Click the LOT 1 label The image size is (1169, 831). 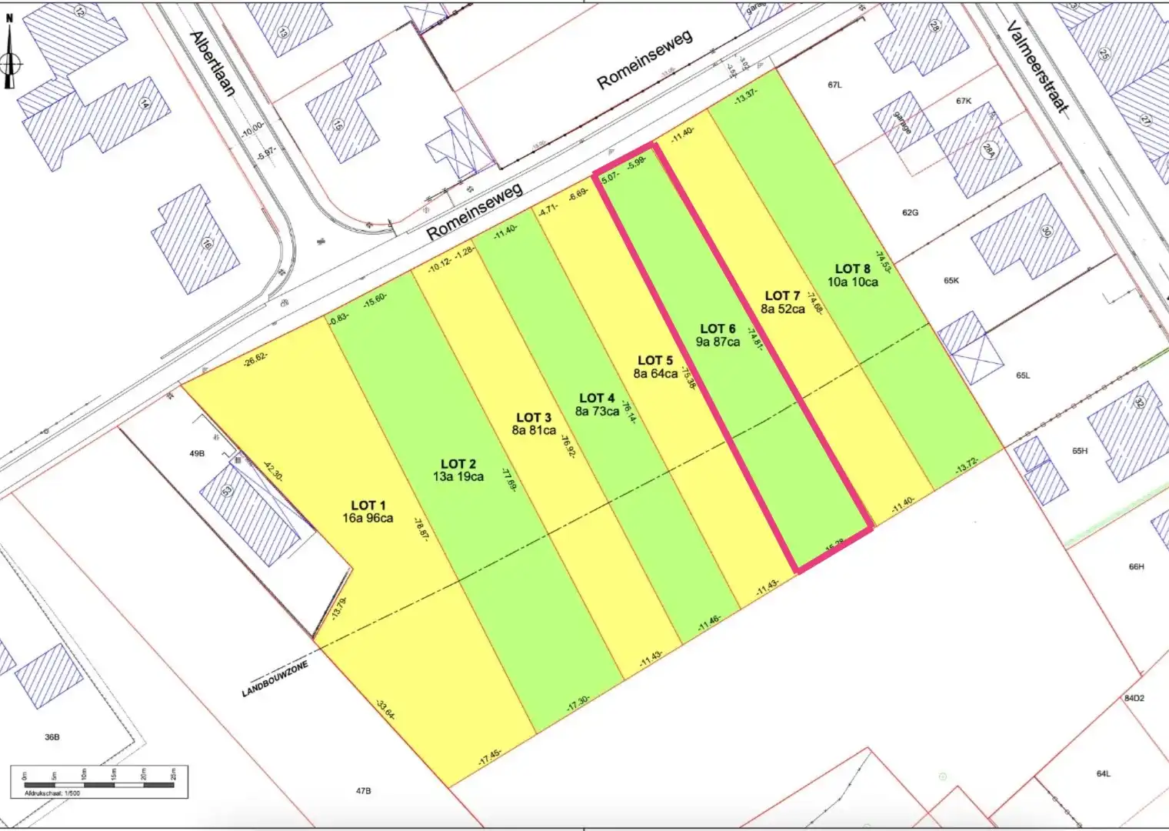tap(368, 505)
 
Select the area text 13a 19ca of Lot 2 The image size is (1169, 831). tap(458, 477)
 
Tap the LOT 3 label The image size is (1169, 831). tap(533, 417)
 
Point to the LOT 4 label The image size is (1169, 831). tap(597, 398)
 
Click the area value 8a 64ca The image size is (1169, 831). tap(655, 374)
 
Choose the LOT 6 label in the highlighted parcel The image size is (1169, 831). tap(718, 329)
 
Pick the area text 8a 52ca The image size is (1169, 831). tap(783, 309)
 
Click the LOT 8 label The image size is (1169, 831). tap(853, 269)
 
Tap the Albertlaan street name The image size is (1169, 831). tap(213, 63)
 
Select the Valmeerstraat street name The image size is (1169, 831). tap(1037, 68)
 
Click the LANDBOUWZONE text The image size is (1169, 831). tap(275, 679)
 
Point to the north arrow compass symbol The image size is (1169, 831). tap(10, 62)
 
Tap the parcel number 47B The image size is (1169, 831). tap(364, 790)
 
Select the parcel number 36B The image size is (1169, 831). tap(52, 737)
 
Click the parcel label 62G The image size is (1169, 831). tap(910, 212)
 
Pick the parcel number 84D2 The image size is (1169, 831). tap(1134, 699)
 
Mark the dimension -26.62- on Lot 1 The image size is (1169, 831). tap(255, 359)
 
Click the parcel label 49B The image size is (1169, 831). tap(197, 454)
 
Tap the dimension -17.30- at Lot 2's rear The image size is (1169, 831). tap(578, 702)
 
